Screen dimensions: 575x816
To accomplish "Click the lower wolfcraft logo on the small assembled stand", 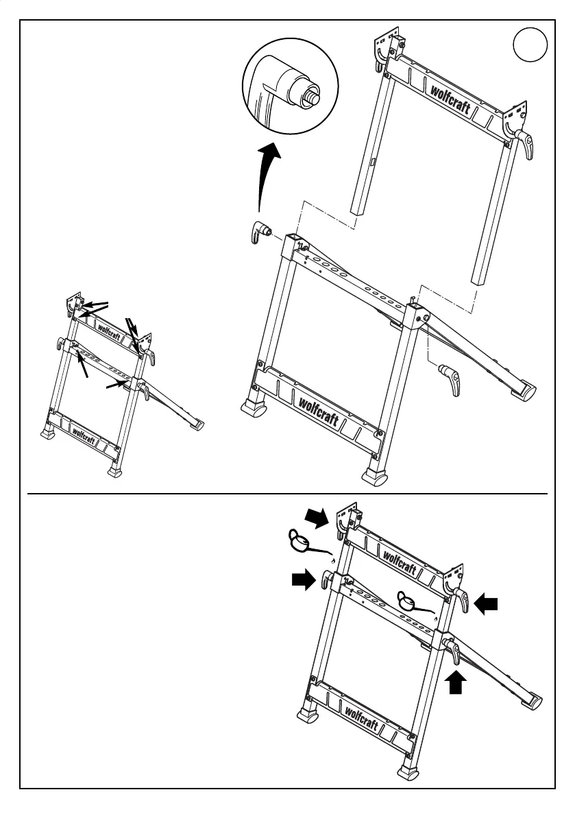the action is [84, 435].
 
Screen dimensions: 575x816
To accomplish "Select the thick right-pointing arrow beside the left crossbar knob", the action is [302, 581].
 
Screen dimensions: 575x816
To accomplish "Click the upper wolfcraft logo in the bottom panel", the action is [400, 560].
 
